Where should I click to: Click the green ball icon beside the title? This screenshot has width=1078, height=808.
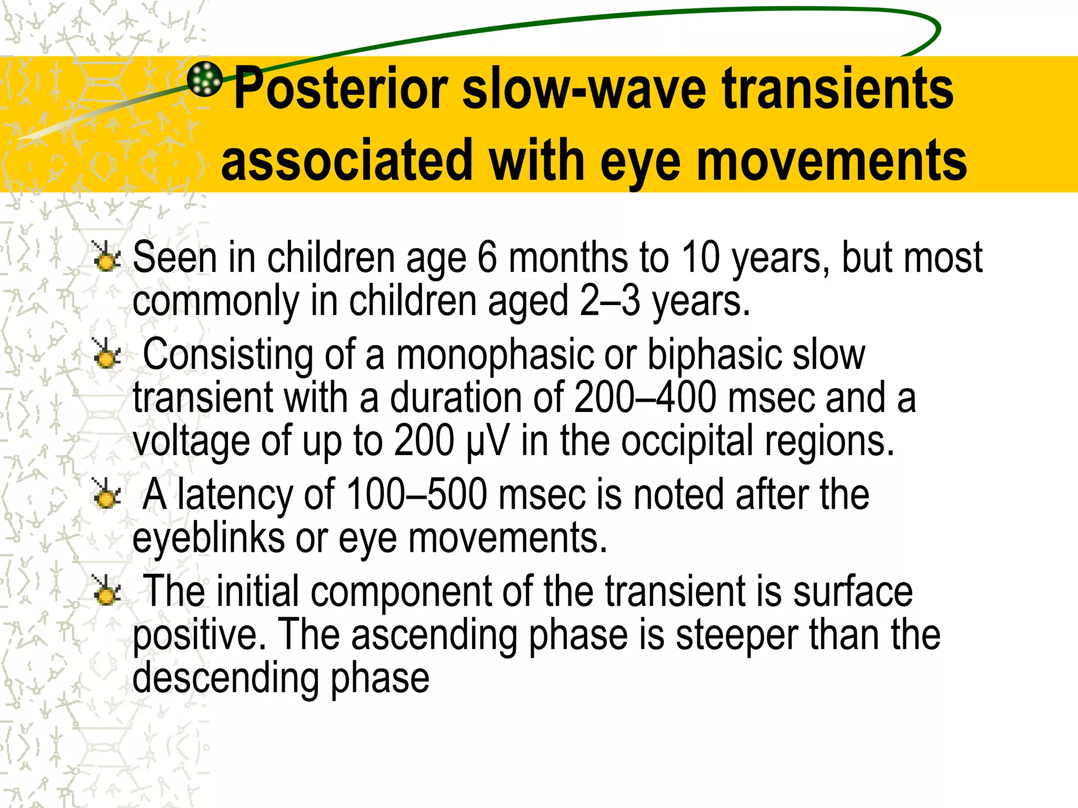[x=205, y=79]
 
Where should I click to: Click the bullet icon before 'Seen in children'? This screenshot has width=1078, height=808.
[x=106, y=257]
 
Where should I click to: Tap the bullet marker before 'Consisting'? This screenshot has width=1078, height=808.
[x=106, y=353]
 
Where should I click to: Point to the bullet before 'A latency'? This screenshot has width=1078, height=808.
[x=106, y=494]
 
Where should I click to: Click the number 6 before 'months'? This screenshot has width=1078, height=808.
[x=487, y=258]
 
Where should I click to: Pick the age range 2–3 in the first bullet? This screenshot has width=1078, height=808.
[x=610, y=301]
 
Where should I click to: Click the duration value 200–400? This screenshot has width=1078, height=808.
[x=645, y=398]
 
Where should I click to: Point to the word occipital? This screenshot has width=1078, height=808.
[x=687, y=441]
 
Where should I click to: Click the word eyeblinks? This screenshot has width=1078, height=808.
[x=208, y=538]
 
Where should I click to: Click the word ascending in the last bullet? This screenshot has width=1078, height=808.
[x=434, y=634]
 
